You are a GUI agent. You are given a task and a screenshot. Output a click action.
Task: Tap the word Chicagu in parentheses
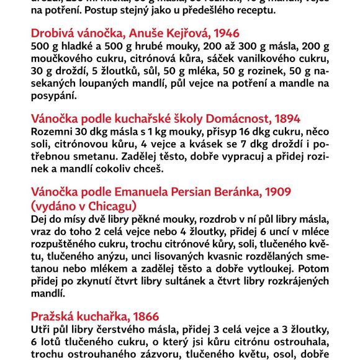110,206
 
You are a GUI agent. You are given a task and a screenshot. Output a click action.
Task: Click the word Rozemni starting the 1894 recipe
52,132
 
